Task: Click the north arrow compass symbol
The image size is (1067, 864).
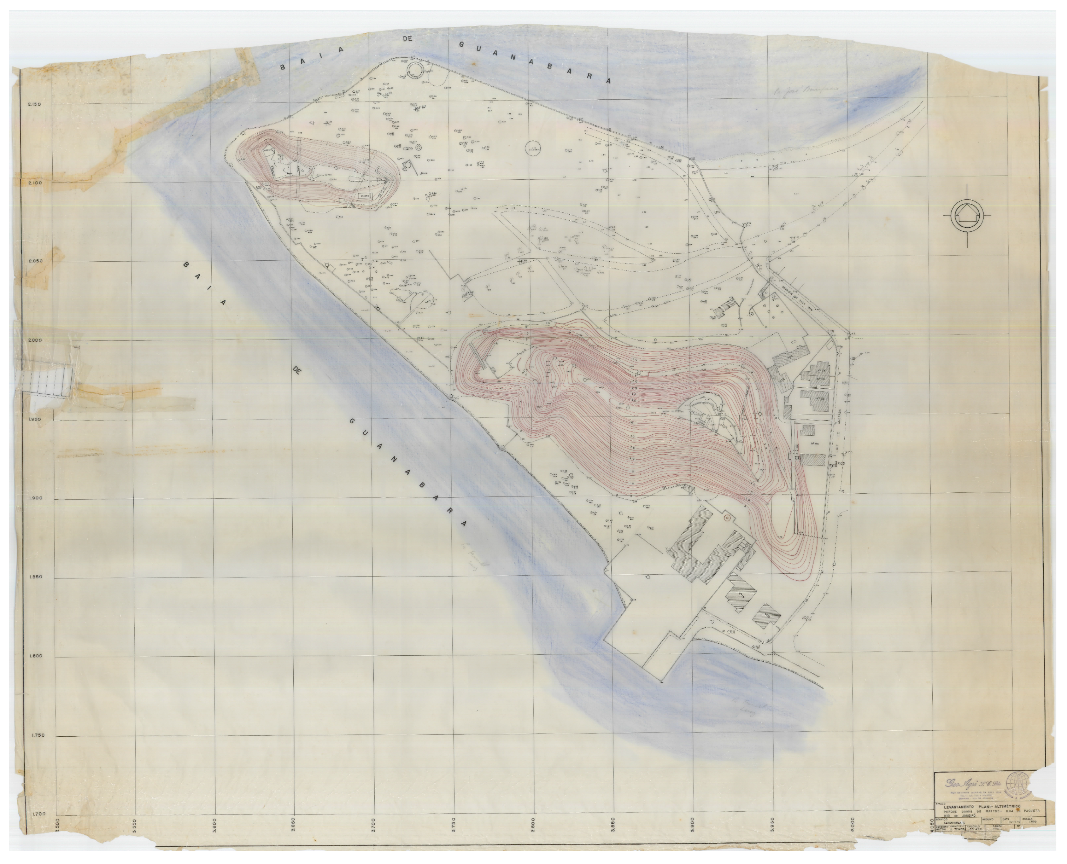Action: click(967, 215)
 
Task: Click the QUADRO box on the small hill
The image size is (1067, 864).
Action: click(365, 195)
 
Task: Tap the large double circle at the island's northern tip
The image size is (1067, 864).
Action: click(414, 70)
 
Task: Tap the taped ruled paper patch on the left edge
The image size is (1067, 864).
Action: click(50, 381)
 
